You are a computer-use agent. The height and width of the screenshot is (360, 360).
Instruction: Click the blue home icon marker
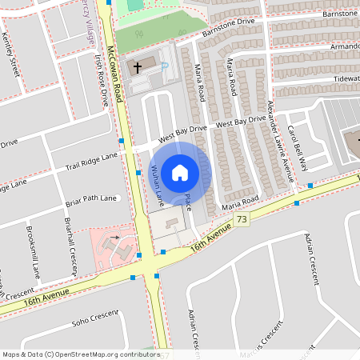(180, 172)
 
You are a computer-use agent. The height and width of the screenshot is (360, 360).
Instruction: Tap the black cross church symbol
(138, 67)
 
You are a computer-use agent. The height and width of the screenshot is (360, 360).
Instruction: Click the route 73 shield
(241, 219)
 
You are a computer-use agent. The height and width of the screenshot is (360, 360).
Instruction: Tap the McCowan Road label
(117, 72)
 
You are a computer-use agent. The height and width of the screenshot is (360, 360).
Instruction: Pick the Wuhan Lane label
(158, 181)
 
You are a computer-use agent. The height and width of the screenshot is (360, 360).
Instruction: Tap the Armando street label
(344, 47)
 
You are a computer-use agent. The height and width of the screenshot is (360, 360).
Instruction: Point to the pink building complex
(113, 244)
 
